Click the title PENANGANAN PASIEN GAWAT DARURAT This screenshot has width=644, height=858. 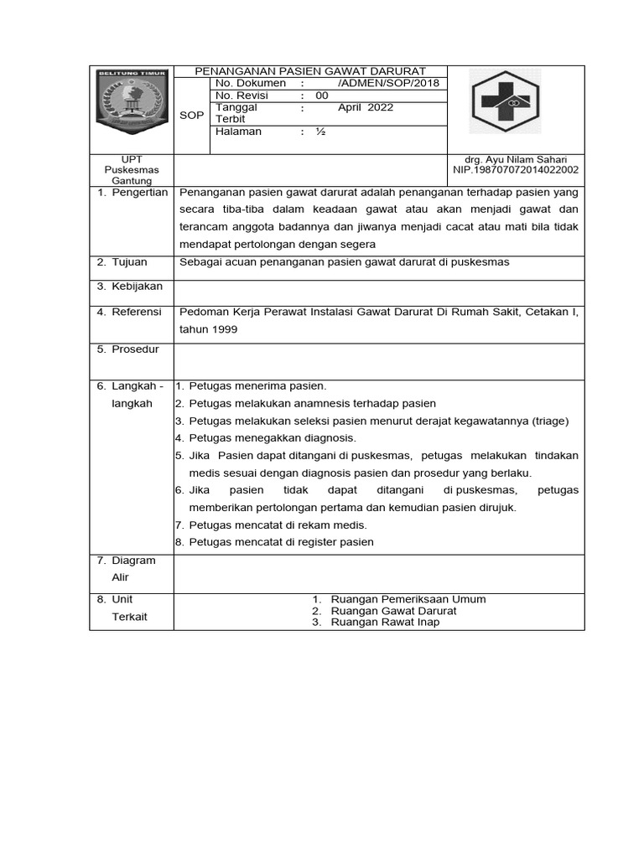pyautogui.click(x=310, y=71)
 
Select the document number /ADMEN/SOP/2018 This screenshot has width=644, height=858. pyautogui.click(x=387, y=84)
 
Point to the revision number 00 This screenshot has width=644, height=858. pyautogui.click(x=322, y=96)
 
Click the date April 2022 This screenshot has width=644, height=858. pyautogui.click(x=365, y=107)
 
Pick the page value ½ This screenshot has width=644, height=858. pyautogui.click(x=319, y=132)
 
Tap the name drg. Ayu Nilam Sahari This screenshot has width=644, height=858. pyautogui.click(x=515, y=159)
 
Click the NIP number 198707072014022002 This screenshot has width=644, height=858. pyautogui.click(x=515, y=170)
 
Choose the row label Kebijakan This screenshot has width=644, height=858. pyautogui.click(x=137, y=287)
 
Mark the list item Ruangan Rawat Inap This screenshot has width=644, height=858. pyautogui.click(x=385, y=623)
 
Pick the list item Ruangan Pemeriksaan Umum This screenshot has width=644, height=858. pyautogui.click(x=408, y=599)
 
